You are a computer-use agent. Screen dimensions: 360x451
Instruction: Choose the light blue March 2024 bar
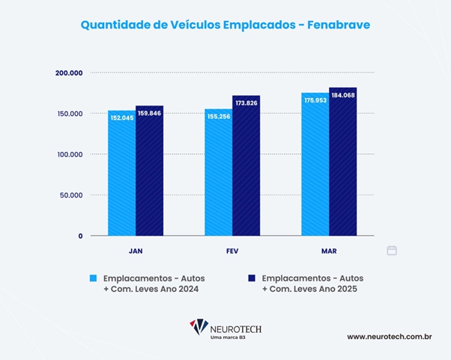tap(315, 165)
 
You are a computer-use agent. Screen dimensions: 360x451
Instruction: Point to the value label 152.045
tap(122, 118)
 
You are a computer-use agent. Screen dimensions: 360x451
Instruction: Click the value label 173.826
tap(246, 103)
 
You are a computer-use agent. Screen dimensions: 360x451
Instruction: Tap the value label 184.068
tap(342, 95)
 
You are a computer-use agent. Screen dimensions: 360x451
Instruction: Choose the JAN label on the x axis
tap(136, 250)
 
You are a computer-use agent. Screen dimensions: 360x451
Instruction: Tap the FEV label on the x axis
tap(232, 250)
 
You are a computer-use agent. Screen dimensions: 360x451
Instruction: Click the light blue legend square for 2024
tap(94, 278)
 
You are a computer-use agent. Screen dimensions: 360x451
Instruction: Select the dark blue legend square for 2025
tap(252, 278)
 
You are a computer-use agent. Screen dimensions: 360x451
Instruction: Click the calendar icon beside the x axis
tap(392, 250)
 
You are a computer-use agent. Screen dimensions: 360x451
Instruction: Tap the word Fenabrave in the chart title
tap(339, 25)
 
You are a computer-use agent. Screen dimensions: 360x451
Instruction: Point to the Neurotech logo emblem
tap(199, 327)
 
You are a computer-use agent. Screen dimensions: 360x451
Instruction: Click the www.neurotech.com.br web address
tap(389, 337)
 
